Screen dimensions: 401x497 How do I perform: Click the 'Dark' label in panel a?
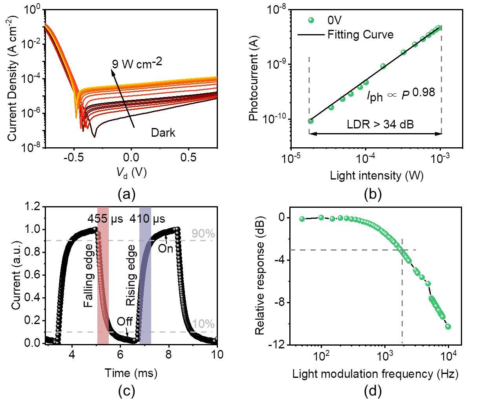point(163,133)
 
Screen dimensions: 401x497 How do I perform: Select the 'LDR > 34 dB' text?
point(380,125)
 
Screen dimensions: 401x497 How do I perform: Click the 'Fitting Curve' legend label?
point(360,35)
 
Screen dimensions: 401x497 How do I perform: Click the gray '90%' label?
point(203,234)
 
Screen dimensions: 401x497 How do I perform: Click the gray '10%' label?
point(203,324)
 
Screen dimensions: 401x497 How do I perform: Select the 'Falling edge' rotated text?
point(89,276)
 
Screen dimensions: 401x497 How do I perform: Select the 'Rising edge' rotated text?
point(131,276)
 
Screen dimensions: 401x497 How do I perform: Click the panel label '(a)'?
point(126,194)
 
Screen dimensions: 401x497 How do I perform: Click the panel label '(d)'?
point(373,390)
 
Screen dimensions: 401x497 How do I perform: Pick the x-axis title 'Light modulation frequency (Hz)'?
point(375,374)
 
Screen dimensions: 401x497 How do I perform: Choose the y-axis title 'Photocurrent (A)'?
point(254,84)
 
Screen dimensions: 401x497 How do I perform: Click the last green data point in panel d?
point(448,327)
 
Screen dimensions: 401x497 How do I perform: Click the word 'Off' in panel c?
point(124,322)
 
